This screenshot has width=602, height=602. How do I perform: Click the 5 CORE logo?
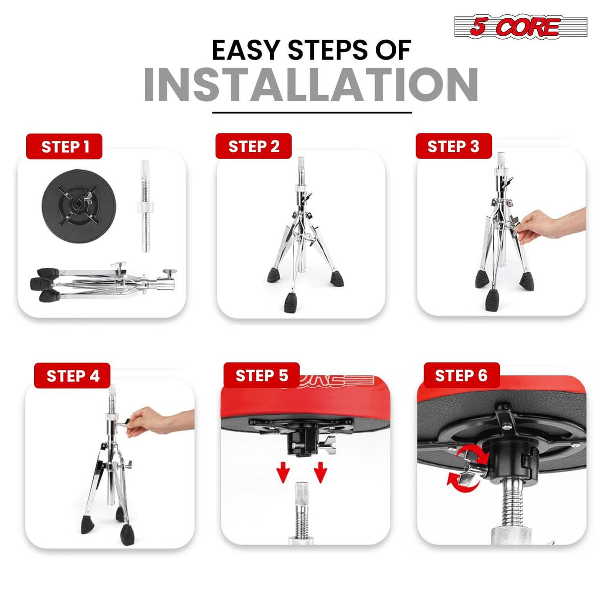tap(521, 27)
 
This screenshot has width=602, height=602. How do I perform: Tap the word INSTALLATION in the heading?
tap(311, 85)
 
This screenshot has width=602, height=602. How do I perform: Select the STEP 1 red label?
tap(64, 146)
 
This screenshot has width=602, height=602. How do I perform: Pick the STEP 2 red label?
tap(253, 146)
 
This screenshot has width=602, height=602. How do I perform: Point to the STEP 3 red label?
tap(454, 146)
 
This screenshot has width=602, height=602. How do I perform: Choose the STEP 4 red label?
tap(72, 375)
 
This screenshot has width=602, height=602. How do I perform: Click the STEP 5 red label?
tap(261, 375)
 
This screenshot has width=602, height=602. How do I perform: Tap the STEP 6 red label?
tap(462, 375)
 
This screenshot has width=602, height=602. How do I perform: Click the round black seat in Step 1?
tap(79, 206)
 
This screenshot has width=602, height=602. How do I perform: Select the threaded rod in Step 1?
tap(145, 206)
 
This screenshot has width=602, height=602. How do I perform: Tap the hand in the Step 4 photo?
tap(145, 421)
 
